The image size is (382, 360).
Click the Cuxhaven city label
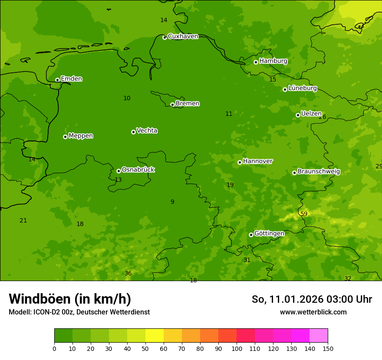coord(183,36)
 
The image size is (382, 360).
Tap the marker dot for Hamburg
coord(256,62)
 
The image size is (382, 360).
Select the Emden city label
coord(71,79)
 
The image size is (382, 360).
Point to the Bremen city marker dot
coord(172,105)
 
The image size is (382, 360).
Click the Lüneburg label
coord(302,88)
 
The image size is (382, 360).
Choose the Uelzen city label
coord(311,114)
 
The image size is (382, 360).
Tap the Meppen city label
coord(81,136)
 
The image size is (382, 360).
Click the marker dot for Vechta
coord(133,132)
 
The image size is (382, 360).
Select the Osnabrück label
coord(138,170)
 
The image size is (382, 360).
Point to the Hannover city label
coord(257,161)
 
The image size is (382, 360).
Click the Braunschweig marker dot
coord(294,173)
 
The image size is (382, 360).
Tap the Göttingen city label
coord(269,233)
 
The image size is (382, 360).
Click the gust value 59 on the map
coord(304,214)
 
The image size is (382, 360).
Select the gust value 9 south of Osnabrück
coord(172,202)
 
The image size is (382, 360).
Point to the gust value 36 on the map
coord(128,273)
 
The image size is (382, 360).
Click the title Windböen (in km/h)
coord(70,299)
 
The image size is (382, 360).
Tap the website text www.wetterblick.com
coord(313,312)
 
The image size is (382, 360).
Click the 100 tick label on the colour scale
coord(237,348)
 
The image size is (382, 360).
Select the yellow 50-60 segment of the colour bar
coord(155,336)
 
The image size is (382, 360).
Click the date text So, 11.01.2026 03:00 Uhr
coord(312,299)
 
